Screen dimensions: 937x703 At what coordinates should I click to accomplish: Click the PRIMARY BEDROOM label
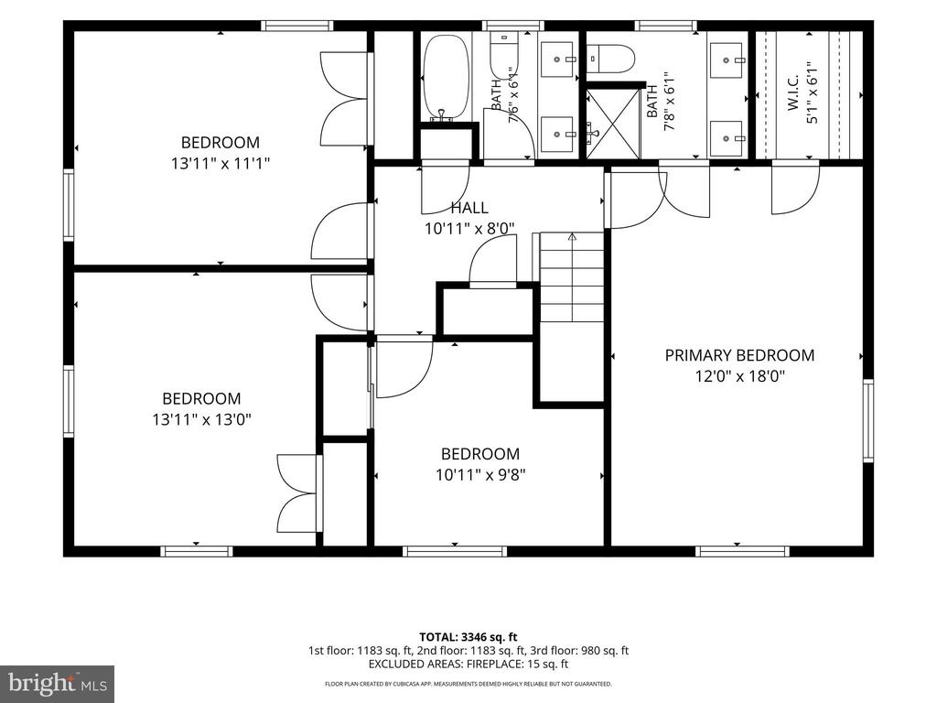click(x=739, y=355)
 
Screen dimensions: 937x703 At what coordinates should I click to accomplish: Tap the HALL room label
click(x=469, y=208)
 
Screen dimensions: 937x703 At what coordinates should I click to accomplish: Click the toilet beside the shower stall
click(x=609, y=59)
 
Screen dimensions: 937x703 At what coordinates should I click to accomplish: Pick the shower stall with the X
click(x=612, y=124)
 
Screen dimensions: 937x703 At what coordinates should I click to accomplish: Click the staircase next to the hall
click(x=571, y=276)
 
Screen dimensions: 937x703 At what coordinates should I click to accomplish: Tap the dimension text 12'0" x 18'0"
click(x=739, y=376)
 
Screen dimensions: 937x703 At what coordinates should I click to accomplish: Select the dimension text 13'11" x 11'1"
click(x=221, y=163)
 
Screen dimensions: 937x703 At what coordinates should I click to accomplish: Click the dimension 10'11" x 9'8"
click(x=480, y=475)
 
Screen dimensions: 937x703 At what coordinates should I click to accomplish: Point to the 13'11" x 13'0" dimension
click(x=201, y=419)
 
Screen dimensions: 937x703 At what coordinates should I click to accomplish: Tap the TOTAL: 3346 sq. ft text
click(x=468, y=637)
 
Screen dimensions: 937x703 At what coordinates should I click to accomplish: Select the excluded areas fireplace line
click(x=468, y=665)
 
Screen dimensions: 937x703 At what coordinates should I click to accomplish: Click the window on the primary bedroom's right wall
click(x=867, y=421)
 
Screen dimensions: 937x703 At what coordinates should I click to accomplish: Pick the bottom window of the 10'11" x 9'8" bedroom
click(x=455, y=551)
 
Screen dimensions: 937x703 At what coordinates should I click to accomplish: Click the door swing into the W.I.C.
click(x=795, y=189)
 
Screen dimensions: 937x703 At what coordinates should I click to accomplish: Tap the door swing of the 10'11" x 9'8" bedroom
click(x=404, y=367)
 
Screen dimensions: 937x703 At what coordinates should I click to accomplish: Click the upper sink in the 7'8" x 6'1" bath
click(x=727, y=59)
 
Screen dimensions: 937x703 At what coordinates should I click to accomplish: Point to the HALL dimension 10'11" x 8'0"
click(x=469, y=229)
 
